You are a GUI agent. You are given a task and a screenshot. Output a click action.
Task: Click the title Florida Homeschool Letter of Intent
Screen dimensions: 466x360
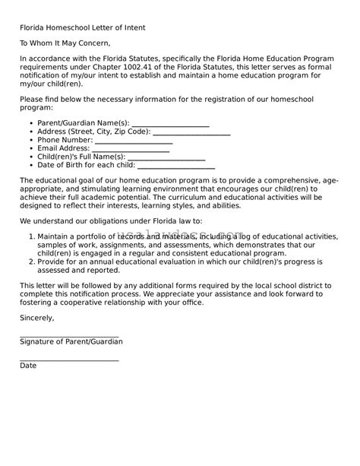pyautogui.click(x=82, y=27)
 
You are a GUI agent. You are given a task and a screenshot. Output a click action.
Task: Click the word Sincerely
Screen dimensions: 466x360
pyautogui.click(x=37, y=318)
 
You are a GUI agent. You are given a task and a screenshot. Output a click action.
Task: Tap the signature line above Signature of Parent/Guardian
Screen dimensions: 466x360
pyautogui.click(x=69, y=334)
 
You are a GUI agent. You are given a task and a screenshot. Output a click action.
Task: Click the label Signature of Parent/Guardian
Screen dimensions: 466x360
pyautogui.click(x=71, y=342)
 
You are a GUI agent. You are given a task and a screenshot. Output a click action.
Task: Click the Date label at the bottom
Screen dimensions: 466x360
pyautogui.click(x=28, y=366)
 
